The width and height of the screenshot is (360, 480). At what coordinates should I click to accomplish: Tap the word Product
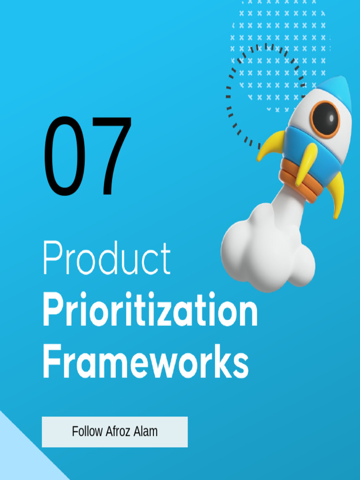[106, 258]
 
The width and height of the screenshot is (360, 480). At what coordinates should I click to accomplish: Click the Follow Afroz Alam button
[115, 432]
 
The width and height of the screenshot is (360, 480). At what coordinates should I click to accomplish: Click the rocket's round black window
[325, 118]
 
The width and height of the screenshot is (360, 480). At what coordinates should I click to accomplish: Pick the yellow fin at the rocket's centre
[306, 164]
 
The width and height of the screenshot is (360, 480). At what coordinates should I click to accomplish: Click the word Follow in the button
[87, 432]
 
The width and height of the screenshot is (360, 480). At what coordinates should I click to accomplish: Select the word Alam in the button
[145, 432]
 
